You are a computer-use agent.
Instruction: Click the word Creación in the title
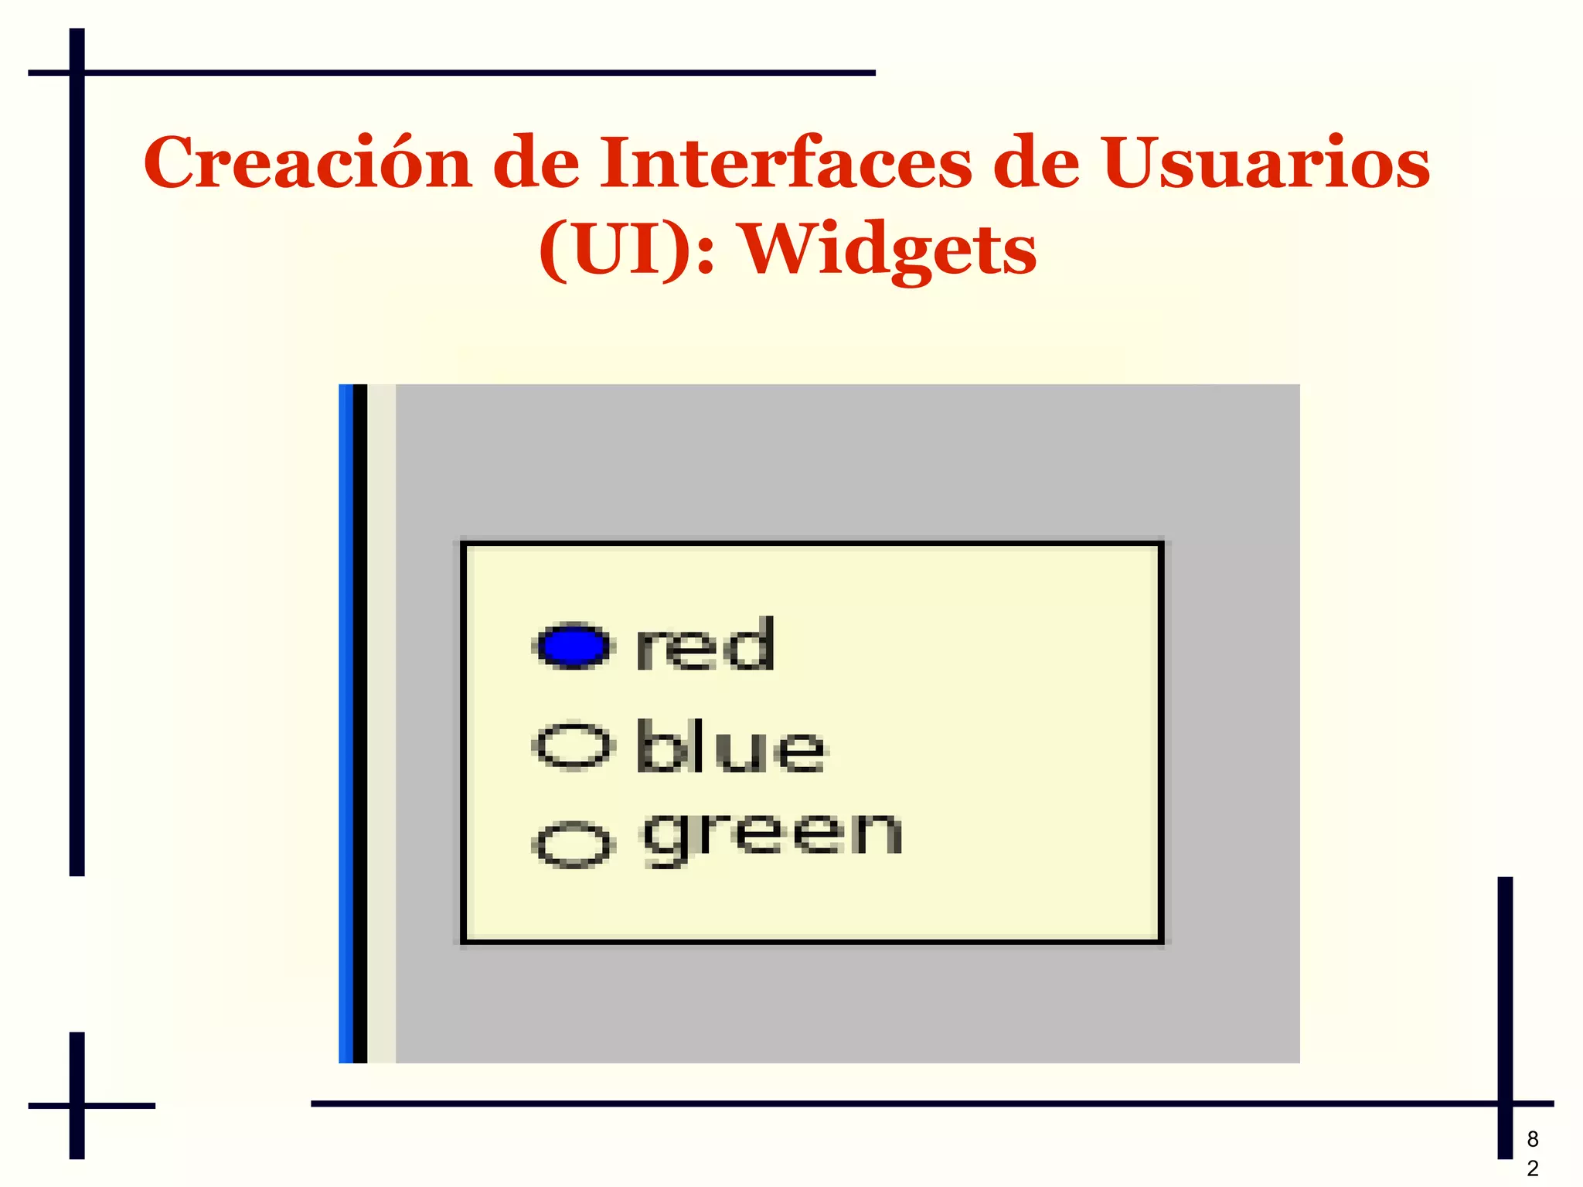pyautogui.click(x=307, y=163)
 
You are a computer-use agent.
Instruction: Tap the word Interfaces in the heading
pyautogui.click(x=785, y=163)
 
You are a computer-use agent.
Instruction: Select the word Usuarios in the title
pyautogui.click(x=1265, y=163)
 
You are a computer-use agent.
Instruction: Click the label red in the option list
pyautogui.click(x=704, y=646)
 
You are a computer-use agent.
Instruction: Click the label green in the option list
pyautogui.click(x=773, y=837)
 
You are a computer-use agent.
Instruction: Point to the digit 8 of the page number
pyautogui.click(x=1532, y=1139)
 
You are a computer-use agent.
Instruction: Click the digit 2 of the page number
pyautogui.click(x=1532, y=1168)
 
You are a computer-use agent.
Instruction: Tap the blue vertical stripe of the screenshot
pyautogui.click(x=346, y=723)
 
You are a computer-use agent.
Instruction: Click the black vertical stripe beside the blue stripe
pyautogui.click(x=360, y=723)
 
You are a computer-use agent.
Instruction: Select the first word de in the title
pyautogui.click(x=536, y=163)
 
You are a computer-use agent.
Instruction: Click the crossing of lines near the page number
pyautogui.click(x=1504, y=1103)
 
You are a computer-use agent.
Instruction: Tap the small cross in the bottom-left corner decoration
pyautogui.click(x=77, y=1105)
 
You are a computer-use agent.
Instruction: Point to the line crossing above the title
pyautogui.click(x=77, y=73)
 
